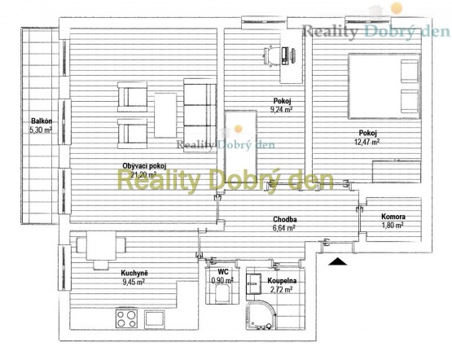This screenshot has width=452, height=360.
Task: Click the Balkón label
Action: click(42, 121)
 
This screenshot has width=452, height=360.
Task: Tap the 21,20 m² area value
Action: click(143, 174)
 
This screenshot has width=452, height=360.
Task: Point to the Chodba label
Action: click(285, 219)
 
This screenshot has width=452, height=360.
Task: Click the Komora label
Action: click(393, 217)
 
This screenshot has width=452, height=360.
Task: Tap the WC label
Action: click(223, 271)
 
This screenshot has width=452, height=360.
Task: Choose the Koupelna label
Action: click(282, 280)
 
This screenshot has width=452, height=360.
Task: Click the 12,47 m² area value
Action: click(366, 142)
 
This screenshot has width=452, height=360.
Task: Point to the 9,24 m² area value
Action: click(280, 109)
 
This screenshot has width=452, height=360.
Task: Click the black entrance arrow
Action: click(337, 261)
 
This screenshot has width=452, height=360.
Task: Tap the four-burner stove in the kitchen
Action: click(127, 318)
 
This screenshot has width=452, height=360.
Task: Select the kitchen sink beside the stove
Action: click(155, 318)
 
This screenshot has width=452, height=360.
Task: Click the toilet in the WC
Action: click(222, 294)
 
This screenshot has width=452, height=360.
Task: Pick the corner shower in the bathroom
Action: click(261, 315)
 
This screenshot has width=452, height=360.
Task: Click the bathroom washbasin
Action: click(253, 283)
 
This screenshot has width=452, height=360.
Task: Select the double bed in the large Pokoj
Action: click(384, 86)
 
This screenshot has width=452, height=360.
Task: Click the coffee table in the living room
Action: click(165, 116)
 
